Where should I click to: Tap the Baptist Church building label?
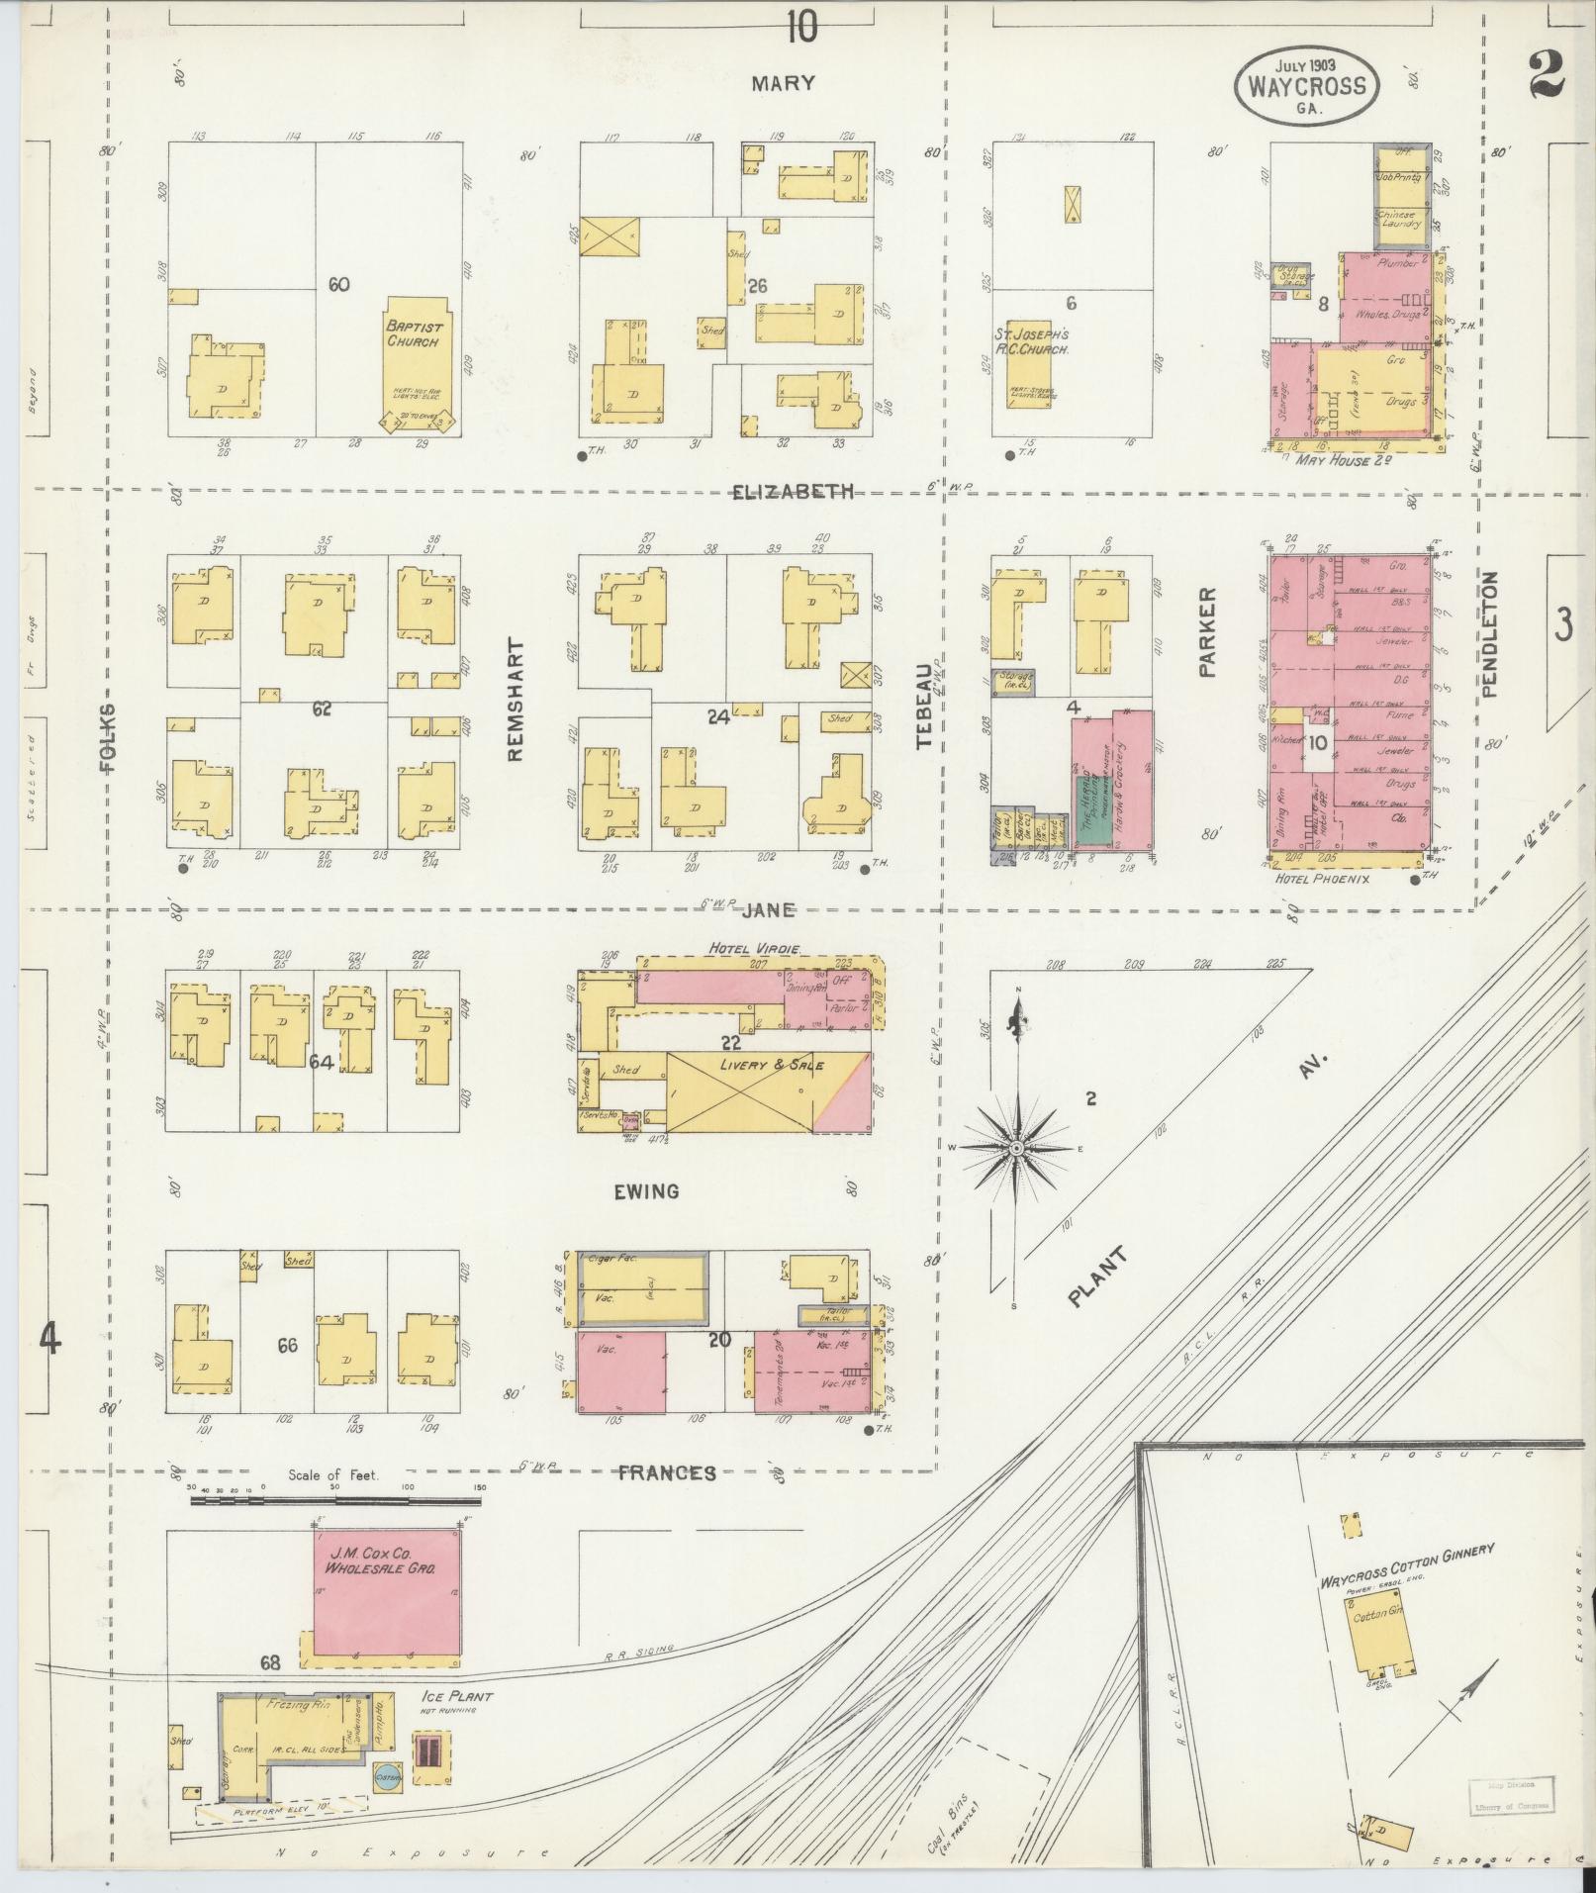415,333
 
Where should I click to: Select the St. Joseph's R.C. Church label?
1032,341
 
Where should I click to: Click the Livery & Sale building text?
758,1065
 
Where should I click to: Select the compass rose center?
1016,1147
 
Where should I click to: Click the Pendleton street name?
1490,634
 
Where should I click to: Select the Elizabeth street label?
793,492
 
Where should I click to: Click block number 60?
339,285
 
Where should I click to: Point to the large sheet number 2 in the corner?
1545,74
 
